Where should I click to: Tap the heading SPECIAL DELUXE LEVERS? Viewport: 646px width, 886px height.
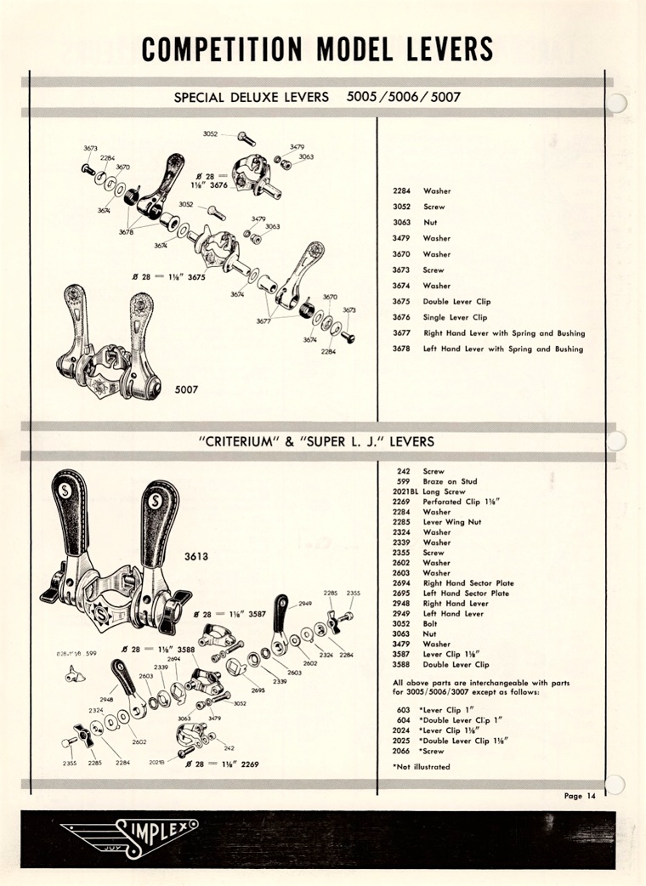tap(251, 97)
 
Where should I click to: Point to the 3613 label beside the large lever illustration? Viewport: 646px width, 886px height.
tap(198, 557)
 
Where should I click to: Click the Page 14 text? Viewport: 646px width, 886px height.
tap(580, 796)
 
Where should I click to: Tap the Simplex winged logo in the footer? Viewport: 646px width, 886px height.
tap(128, 834)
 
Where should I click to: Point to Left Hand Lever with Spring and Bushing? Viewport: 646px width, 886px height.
tap(503, 349)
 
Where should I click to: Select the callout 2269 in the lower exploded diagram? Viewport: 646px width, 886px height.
tap(247, 764)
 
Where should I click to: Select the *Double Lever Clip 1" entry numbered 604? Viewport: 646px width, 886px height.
tap(463, 720)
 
